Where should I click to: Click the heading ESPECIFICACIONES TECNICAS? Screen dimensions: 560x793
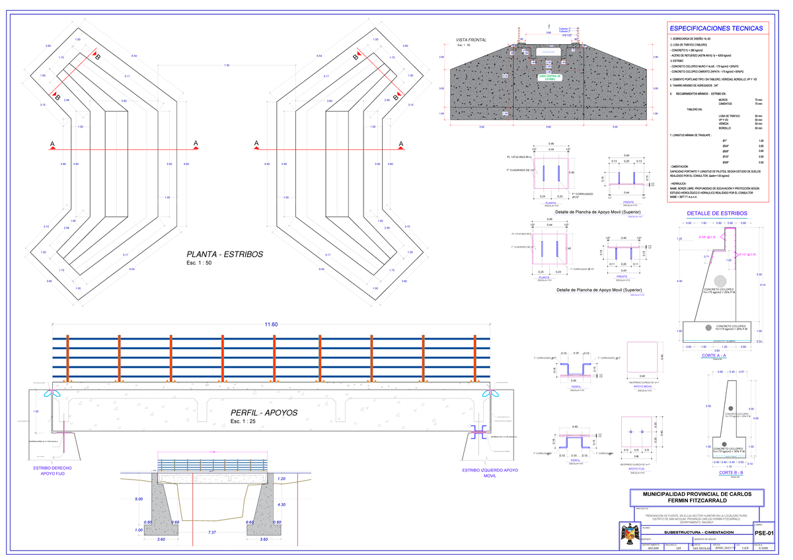click(x=716, y=28)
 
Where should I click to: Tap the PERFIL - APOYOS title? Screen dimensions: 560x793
click(x=264, y=413)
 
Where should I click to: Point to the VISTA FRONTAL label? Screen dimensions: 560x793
click(x=471, y=41)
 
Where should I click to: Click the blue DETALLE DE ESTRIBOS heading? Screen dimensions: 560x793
click(x=717, y=213)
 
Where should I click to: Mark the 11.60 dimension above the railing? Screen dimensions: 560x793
click(x=271, y=325)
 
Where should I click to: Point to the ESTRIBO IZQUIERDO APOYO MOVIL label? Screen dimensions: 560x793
click(x=490, y=473)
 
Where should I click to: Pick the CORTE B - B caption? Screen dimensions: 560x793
click(x=731, y=473)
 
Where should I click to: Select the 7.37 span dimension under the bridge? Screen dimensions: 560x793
click(x=212, y=532)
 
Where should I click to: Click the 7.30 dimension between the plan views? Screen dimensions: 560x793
click(x=227, y=65)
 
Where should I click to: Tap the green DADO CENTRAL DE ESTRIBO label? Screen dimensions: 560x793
click(x=549, y=78)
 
